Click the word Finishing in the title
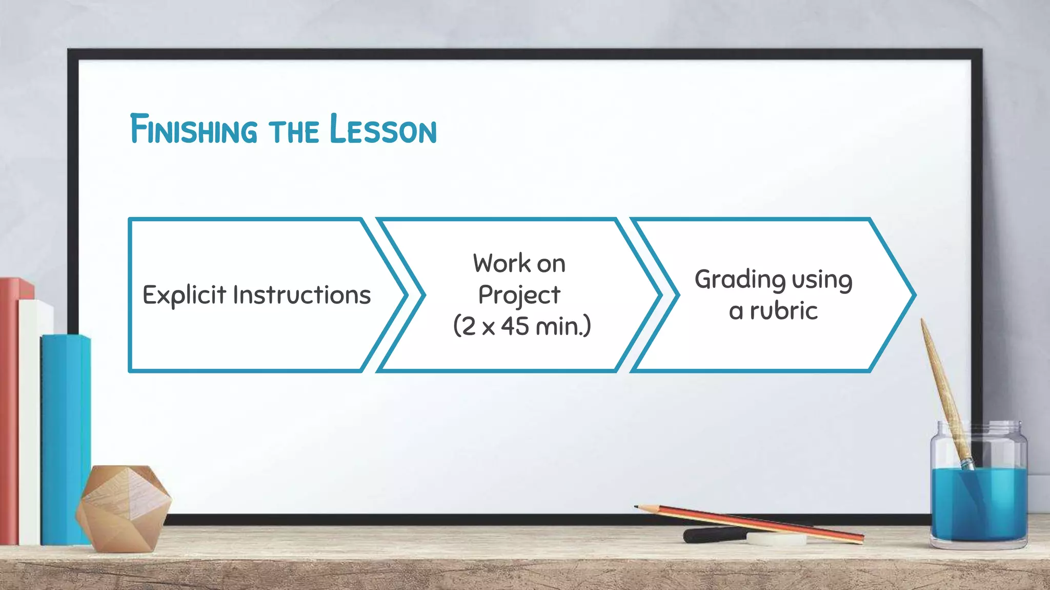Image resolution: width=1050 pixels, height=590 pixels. point(194,129)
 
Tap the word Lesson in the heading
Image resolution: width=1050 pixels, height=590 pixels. point(382,129)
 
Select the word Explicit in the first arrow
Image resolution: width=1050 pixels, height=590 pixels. point(184,295)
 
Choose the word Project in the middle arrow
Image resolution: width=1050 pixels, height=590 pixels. point(519,295)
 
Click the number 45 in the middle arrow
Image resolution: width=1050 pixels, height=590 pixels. point(515,326)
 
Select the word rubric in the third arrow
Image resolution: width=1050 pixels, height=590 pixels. point(783,311)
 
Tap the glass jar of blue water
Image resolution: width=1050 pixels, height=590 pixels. point(978,492)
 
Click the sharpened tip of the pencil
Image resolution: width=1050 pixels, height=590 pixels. point(637,507)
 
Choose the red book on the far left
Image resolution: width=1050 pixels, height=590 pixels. point(9,410)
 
